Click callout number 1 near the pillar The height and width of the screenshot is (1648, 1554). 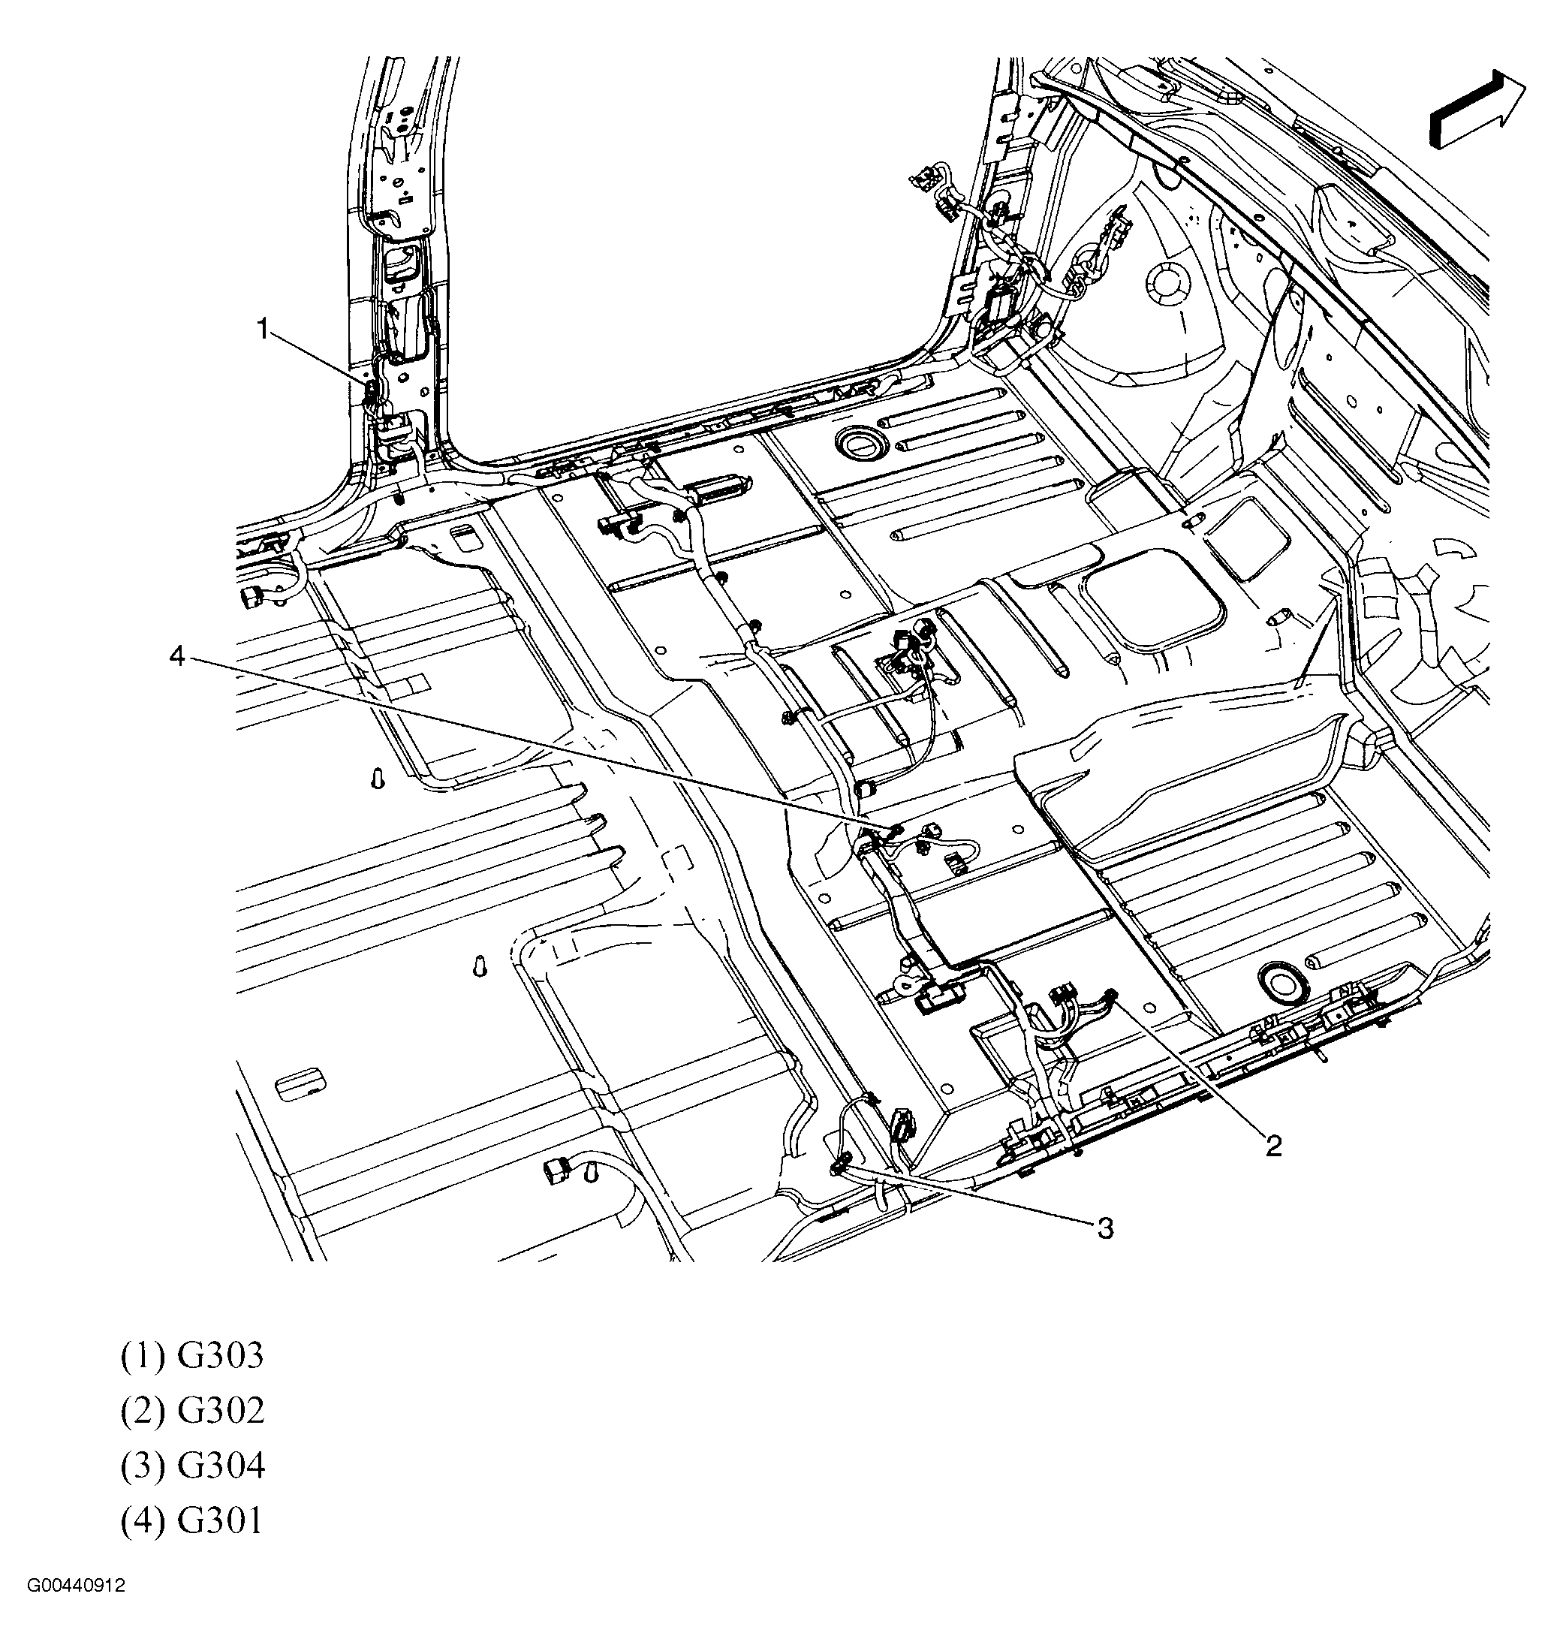point(263,329)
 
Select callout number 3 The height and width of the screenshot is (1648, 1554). point(1106,1228)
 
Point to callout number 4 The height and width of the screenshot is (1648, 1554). point(176,656)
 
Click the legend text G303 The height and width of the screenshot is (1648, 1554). point(221,1355)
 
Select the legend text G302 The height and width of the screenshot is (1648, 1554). point(221,1410)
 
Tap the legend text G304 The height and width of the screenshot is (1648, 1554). point(221,1466)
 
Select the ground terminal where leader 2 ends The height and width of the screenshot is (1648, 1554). point(1113,996)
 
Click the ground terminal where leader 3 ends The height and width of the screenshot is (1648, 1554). point(837,1168)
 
